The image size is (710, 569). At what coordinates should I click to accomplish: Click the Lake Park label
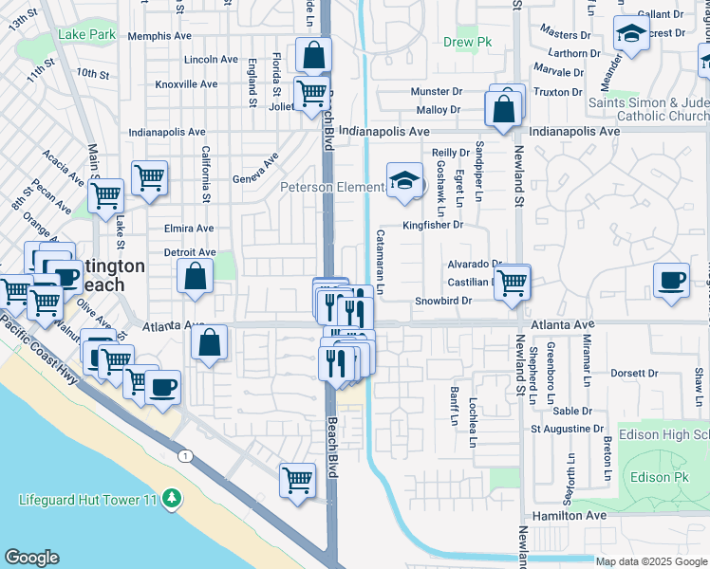click(x=86, y=35)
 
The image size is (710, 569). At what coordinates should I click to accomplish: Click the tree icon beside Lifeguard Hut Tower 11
click(x=171, y=498)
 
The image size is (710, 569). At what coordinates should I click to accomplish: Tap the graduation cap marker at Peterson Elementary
click(x=404, y=180)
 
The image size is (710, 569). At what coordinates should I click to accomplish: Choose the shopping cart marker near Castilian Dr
click(x=512, y=281)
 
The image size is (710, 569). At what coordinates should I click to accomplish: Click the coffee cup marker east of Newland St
click(x=671, y=280)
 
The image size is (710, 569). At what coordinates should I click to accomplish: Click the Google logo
click(x=31, y=558)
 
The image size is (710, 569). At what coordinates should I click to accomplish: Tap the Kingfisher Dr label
click(x=432, y=226)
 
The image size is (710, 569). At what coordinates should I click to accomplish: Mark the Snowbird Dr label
click(x=443, y=301)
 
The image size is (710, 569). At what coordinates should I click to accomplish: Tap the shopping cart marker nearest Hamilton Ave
click(x=297, y=481)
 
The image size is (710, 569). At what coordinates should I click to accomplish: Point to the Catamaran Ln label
click(x=380, y=261)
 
